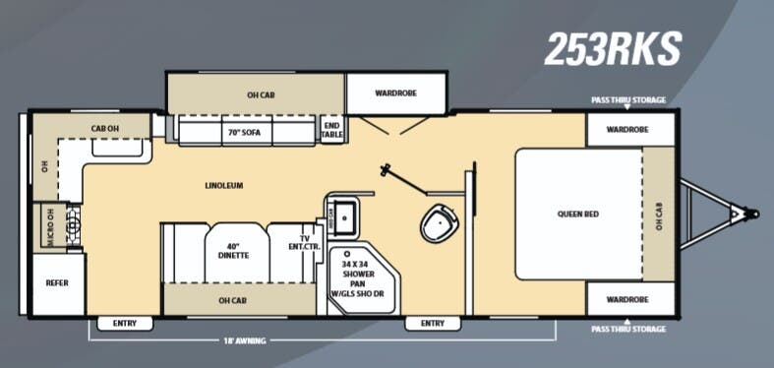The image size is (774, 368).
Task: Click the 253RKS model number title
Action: point(614,47)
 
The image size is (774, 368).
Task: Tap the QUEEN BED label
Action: point(577,214)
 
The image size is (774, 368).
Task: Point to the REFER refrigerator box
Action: point(57,283)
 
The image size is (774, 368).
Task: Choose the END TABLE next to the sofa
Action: point(331,129)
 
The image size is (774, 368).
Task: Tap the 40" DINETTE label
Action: point(235,251)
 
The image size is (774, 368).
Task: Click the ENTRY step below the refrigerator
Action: point(125,323)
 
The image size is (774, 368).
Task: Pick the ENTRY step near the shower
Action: point(432,323)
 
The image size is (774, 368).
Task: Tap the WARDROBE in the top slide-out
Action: point(396,94)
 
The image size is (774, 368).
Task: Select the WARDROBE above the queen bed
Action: point(630,129)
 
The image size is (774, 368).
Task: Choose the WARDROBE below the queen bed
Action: point(630,298)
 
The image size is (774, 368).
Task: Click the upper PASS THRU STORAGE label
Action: point(627,100)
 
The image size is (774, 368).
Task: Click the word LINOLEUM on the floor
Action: point(223,185)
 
